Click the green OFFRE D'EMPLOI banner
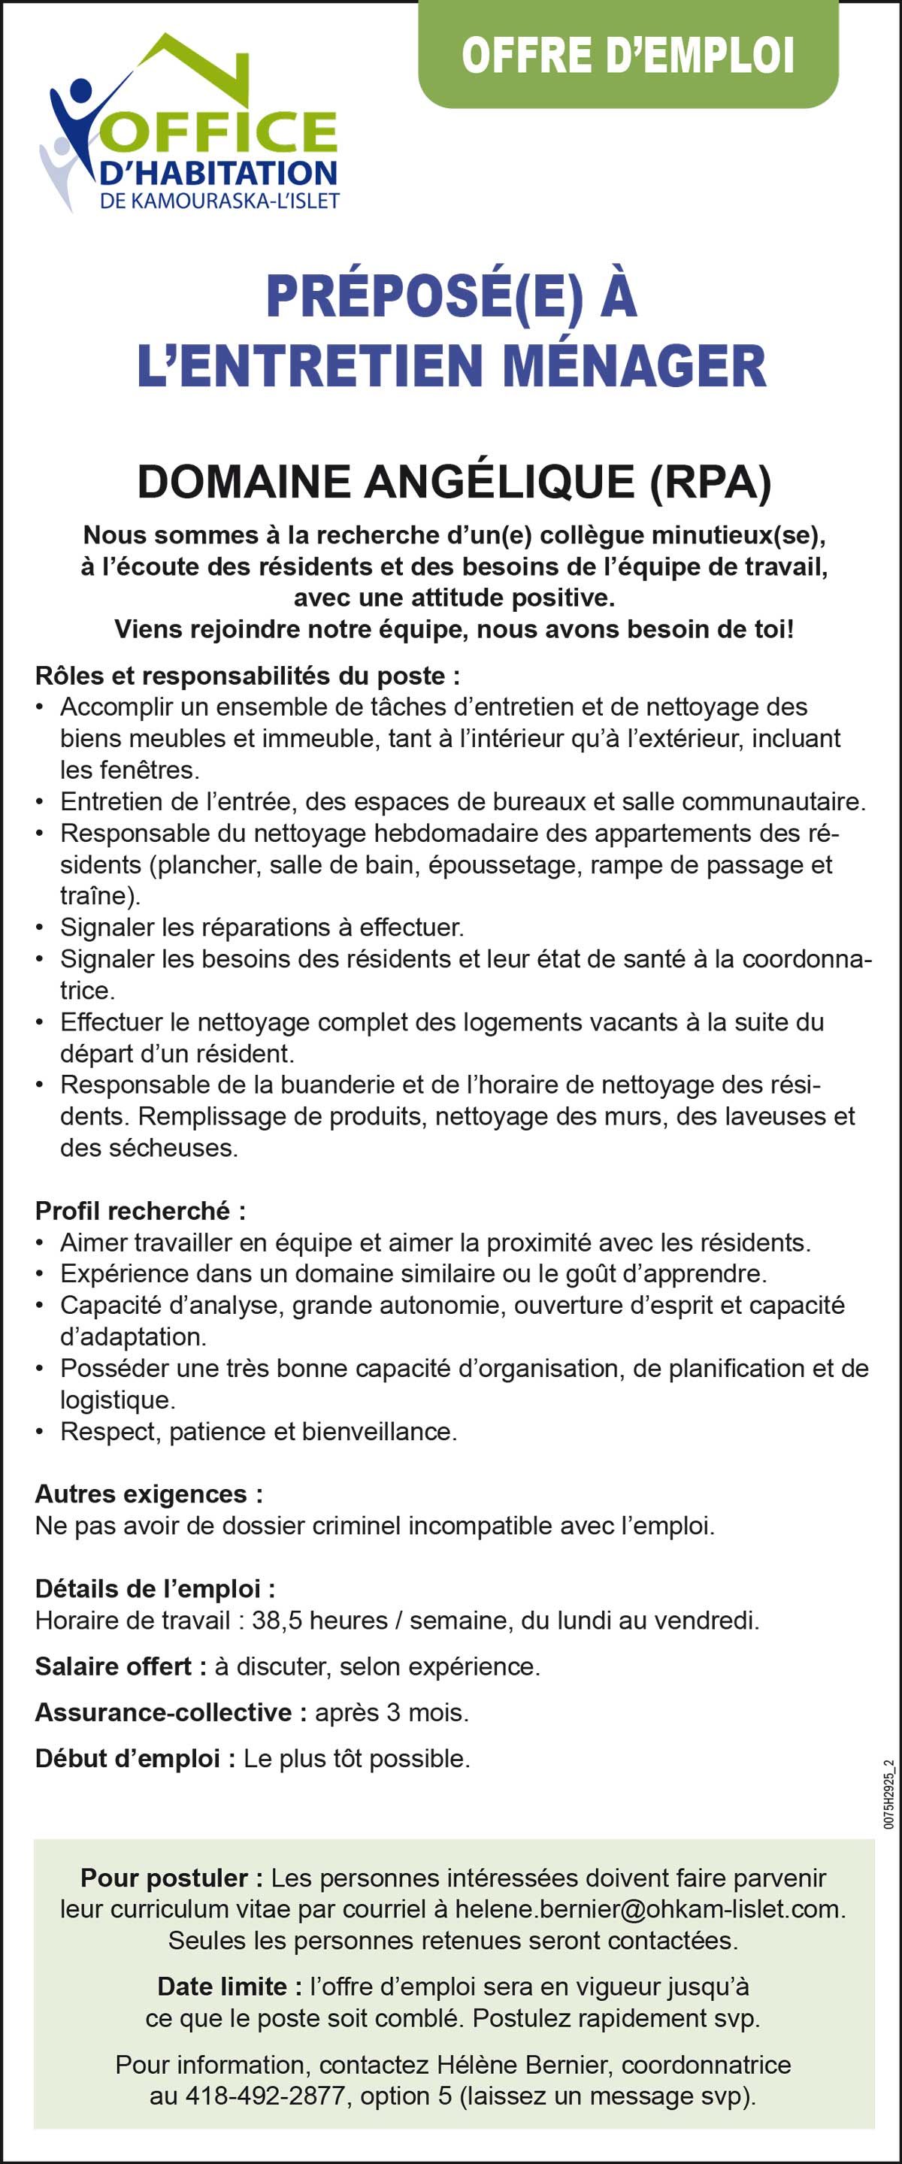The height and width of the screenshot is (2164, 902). (x=628, y=56)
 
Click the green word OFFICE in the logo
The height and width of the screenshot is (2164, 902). (x=222, y=133)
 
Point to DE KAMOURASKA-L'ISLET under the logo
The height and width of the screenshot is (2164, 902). (x=219, y=201)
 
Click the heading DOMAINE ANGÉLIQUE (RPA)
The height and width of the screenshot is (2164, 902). (x=453, y=483)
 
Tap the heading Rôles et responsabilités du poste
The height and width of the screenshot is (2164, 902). (x=247, y=676)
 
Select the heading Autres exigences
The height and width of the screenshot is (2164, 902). (x=149, y=1494)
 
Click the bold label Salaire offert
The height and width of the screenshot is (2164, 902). (x=120, y=1666)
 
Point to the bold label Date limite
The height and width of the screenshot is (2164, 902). (x=229, y=1986)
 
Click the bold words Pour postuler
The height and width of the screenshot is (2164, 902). (x=171, y=1878)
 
